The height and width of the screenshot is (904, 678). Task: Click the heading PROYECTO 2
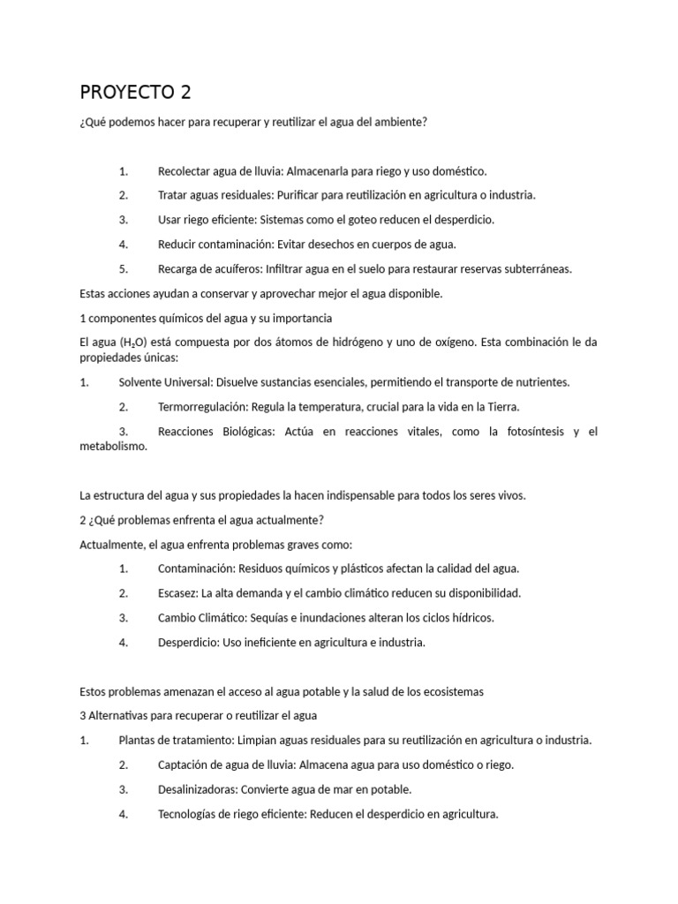[135, 92]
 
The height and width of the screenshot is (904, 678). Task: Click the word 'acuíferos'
[234, 268]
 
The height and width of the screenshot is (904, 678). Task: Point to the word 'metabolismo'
[113, 446]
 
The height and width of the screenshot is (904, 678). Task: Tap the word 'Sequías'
[274, 618]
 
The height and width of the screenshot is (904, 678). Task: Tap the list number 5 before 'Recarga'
[124, 268]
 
